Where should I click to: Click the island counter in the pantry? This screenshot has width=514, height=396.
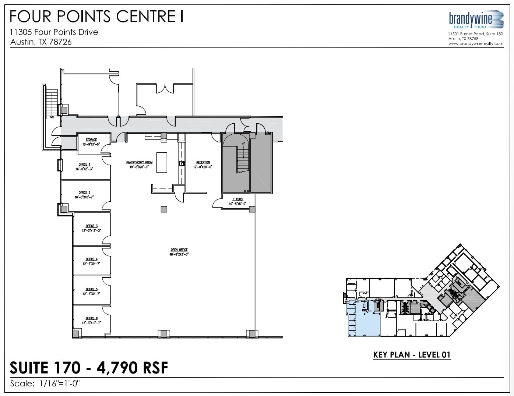pos(162,162)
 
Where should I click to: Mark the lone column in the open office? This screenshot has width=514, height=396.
pos(164,209)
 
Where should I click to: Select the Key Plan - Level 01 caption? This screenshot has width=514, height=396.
pos(412,355)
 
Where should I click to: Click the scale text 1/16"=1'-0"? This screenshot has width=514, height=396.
pos(59,383)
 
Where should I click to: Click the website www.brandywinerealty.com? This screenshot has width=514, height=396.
pos(476,43)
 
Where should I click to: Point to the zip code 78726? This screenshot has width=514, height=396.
pos(59,42)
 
